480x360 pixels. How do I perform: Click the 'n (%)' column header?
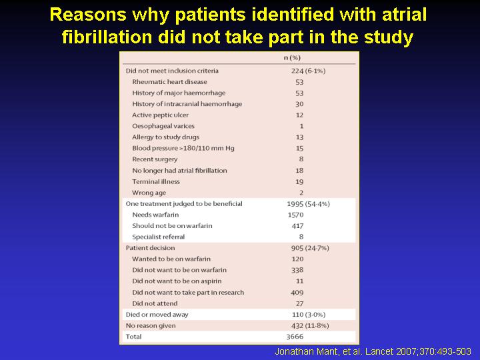(x=292, y=57)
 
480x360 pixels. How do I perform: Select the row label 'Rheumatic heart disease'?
(x=169, y=82)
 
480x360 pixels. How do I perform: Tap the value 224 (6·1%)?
(x=308, y=71)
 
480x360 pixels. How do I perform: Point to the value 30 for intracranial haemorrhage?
(x=299, y=104)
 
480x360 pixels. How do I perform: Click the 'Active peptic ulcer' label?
(x=161, y=115)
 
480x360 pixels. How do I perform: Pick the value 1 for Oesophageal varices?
(x=301, y=126)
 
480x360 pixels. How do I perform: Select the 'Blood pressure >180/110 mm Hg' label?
(x=183, y=148)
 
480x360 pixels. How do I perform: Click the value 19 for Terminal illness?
(x=299, y=181)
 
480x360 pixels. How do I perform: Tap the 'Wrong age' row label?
(x=149, y=193)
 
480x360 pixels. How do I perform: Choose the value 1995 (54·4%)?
(x=308, y=204)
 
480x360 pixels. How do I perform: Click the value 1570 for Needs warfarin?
(x=295, y=215)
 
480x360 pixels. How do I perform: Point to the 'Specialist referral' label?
(x=159, y=237)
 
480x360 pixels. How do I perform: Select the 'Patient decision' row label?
(x=150, y=248)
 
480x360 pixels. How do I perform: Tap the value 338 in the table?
(x=297, y=270)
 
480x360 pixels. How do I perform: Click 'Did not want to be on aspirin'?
(x=177, y=281)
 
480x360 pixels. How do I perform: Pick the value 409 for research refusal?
(x=297, y=293)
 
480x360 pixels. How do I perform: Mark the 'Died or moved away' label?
(x=157, y=315)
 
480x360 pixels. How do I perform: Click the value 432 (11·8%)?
(x=310, y=325)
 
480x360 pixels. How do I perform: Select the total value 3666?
(x=295, y=337)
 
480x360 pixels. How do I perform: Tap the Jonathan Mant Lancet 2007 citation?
(x=373, y=351)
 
